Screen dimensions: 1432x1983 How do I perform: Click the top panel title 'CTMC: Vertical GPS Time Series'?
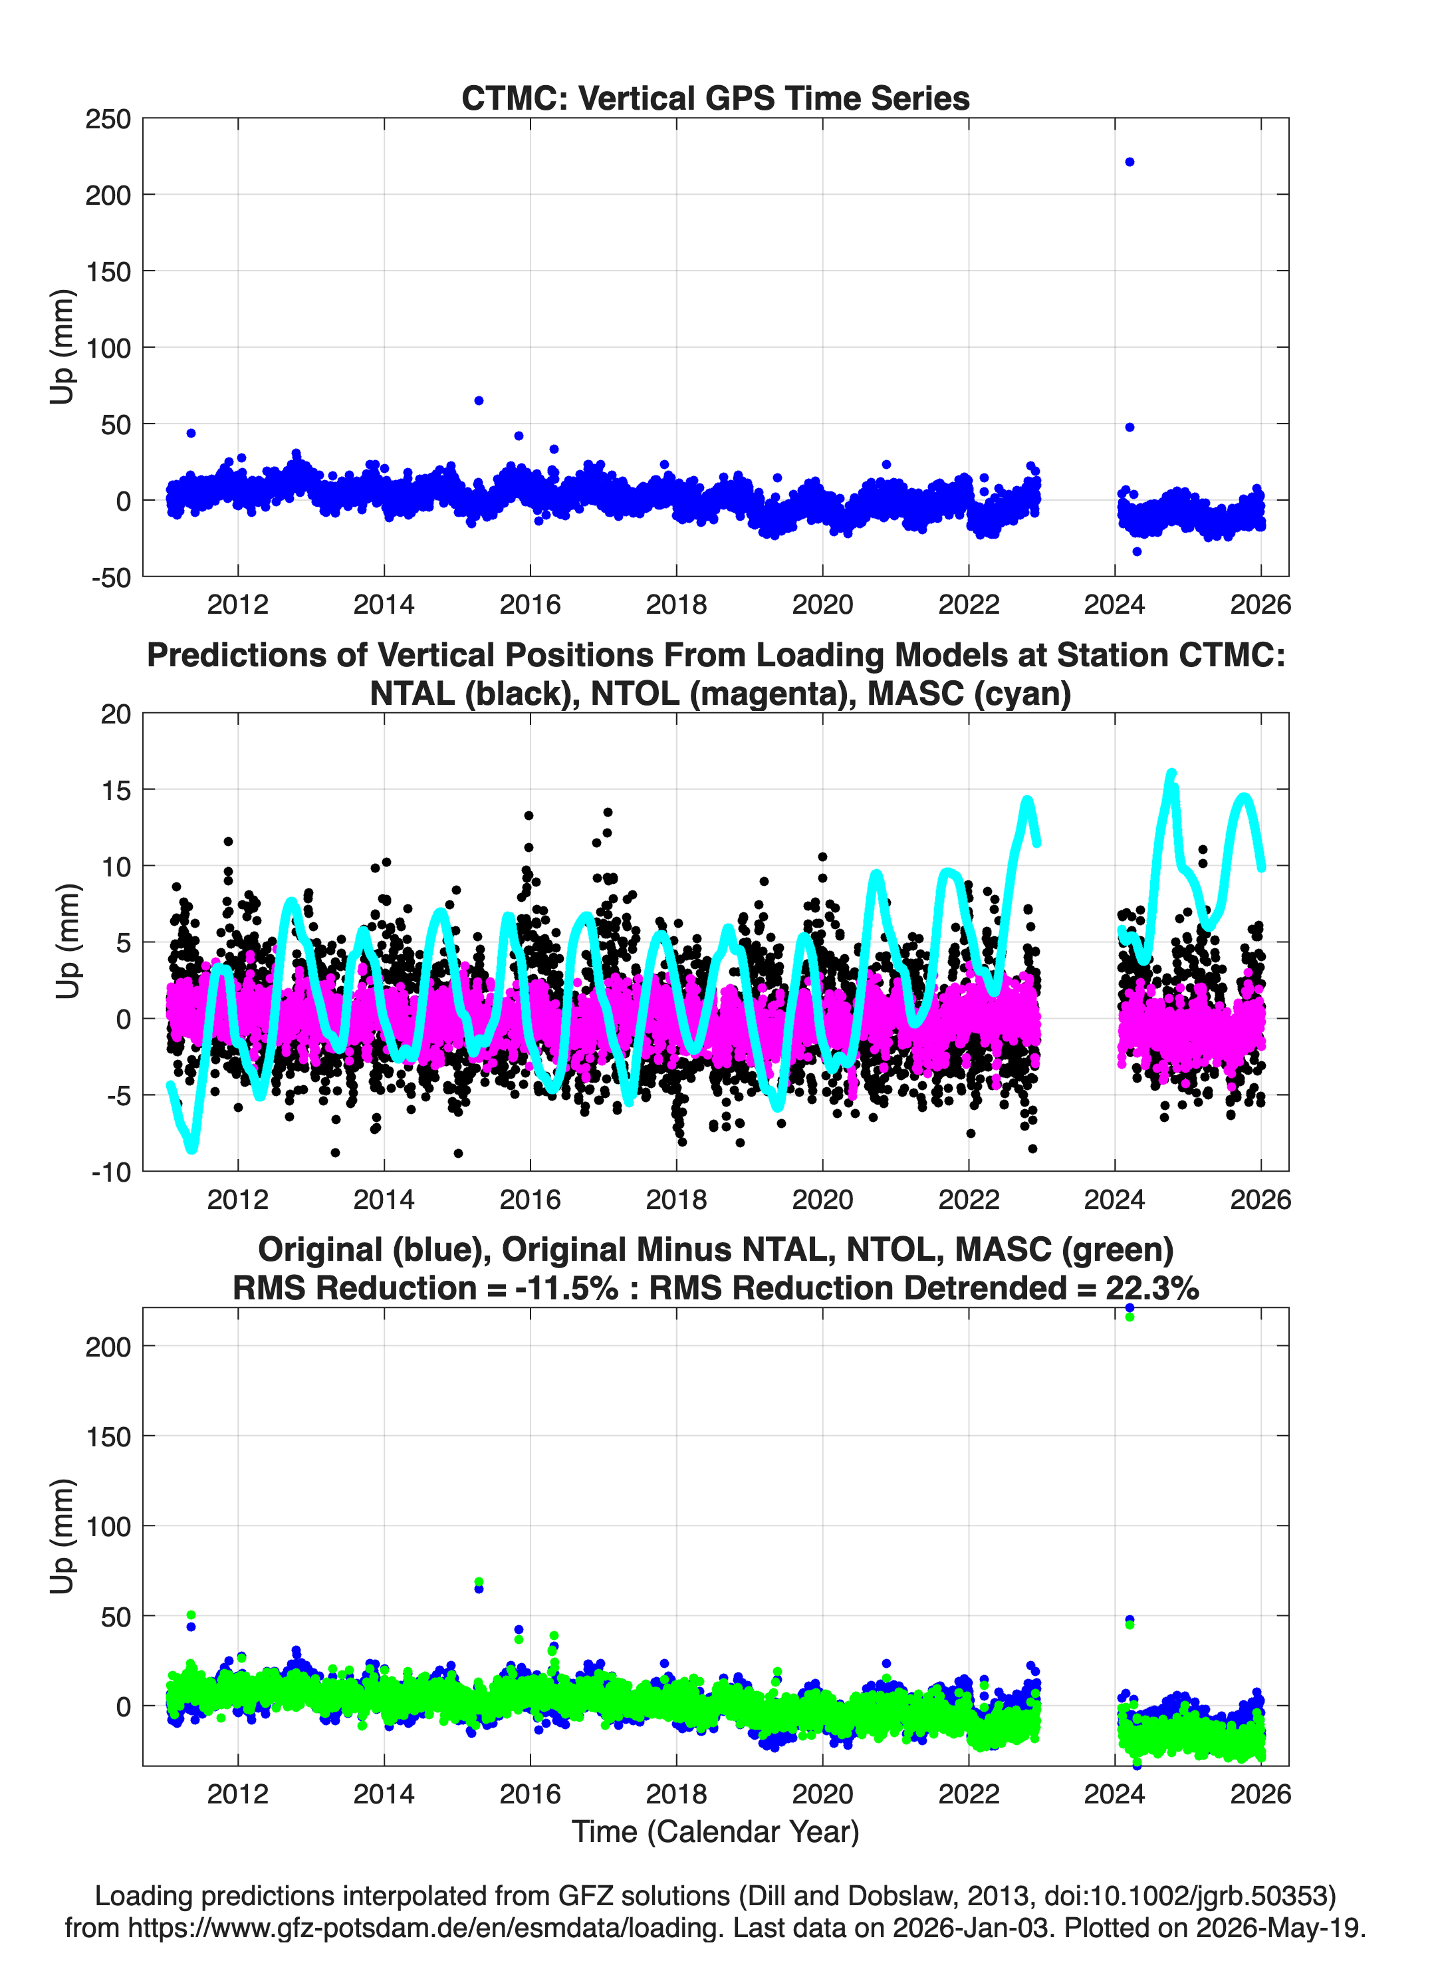point(715,98)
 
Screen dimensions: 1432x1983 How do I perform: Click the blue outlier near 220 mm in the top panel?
point(1130,162)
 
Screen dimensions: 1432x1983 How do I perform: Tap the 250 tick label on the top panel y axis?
point(108,119)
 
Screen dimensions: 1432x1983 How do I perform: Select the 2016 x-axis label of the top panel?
point(530,604)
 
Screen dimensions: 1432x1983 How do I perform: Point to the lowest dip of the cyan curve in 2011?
point(192,1149)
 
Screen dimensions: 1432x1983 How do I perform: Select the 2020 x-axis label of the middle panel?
point(822,1200)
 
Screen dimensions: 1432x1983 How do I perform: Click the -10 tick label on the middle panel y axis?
point(111,1172)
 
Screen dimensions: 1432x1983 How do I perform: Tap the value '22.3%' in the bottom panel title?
point(1152,1288)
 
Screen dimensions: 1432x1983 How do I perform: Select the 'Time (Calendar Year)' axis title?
point(715,1832)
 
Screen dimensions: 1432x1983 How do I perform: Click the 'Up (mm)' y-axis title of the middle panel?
point(66,942)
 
